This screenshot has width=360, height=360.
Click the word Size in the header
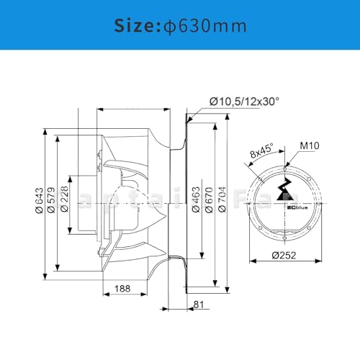[x=135, y=26]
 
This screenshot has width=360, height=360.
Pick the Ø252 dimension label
[x=284, y=253]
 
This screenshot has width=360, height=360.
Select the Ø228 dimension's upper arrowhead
[x=68, y=176]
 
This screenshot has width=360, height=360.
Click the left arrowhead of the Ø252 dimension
[x=249, y=260]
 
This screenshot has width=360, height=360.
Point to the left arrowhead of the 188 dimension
[x=104, y=297]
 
